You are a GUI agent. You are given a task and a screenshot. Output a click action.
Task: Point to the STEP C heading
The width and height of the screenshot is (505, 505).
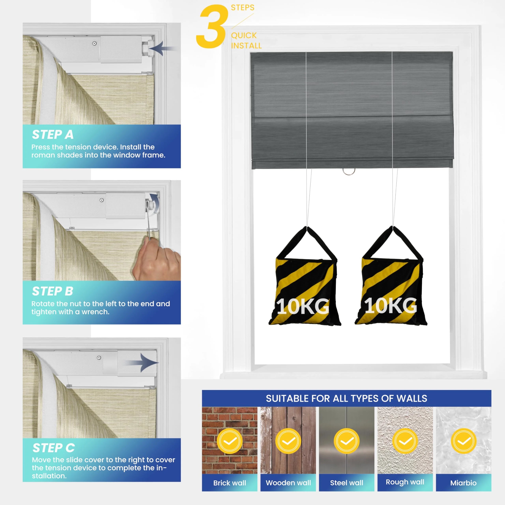54,448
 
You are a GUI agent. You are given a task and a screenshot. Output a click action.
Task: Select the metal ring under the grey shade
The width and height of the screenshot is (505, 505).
349,172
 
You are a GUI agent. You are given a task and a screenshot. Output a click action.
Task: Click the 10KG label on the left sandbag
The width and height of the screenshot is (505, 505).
303,306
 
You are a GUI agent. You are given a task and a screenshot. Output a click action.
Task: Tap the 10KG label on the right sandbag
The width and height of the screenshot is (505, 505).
391,306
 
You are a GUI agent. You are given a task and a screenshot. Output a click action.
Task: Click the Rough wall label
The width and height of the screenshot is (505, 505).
405,482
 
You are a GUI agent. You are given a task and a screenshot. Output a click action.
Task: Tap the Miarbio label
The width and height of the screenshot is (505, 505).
463,483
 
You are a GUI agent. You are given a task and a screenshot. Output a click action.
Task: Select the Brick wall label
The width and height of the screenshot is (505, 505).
229,483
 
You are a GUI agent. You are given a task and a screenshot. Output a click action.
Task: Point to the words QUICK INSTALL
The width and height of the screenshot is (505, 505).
246,40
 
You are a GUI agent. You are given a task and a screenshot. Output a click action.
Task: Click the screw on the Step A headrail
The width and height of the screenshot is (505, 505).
94,43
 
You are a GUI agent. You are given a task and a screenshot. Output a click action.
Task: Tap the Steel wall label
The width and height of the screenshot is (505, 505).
347,483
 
